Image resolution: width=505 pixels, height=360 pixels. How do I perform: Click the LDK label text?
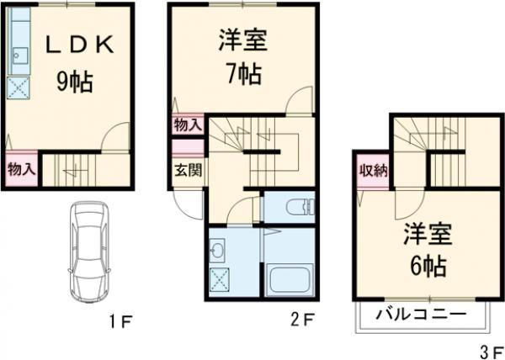pyautogui.click(x=78, y=46)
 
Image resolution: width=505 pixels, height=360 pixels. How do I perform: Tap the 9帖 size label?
pyautogui.click(x=75, y=82)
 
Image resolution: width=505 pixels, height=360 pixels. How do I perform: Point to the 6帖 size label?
pyautogui.click(x=428, y=266)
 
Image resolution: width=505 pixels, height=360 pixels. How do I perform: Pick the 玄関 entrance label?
pyautogui.click(x=187, y=169)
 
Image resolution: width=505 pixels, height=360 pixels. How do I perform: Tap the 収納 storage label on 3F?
pyautogui.click(x=371, y=172)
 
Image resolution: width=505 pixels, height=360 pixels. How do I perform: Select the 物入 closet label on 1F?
pyautogui.click(x=20, y=169)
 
